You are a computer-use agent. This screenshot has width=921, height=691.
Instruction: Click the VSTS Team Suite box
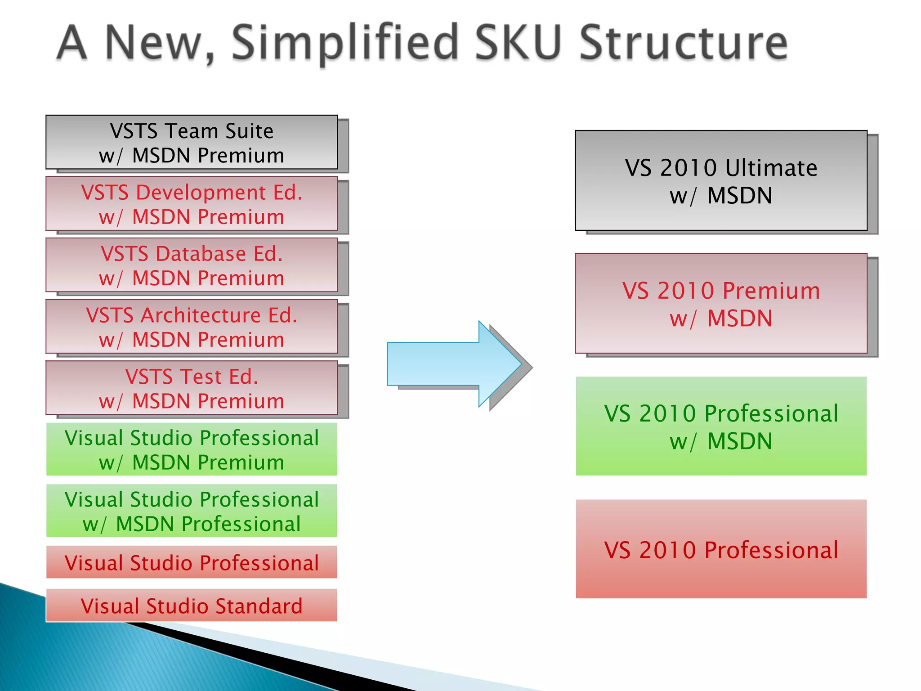point(192,143)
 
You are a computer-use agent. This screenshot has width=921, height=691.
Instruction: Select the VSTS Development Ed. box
point(192,204)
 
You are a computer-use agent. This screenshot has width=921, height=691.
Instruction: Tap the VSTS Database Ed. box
point(192,265)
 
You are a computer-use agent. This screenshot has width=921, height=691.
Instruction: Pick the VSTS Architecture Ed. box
point(192,327)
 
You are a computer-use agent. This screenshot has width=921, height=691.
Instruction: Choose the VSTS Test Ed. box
point(192,388)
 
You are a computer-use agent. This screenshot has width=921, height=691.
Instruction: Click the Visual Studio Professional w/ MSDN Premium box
point(192,449)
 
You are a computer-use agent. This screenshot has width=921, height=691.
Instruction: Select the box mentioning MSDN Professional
point(192,511)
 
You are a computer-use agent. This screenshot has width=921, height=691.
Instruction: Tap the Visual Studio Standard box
point(192,606)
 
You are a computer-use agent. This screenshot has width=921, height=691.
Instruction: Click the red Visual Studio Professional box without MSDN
point(192,562)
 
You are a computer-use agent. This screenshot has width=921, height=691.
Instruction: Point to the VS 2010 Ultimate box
point(721,181)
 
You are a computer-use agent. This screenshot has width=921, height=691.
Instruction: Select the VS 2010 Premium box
point(721,304)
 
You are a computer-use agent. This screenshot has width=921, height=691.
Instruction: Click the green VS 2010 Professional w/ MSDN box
point(721,426)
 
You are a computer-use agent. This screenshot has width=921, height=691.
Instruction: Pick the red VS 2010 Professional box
point(721,549)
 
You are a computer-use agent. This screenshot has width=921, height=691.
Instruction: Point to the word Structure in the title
point(683,43)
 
